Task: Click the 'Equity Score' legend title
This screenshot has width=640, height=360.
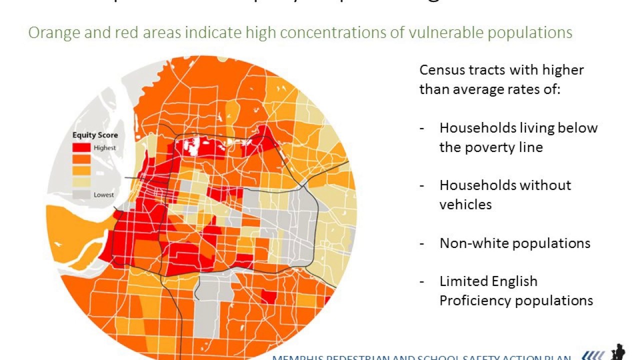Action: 95,135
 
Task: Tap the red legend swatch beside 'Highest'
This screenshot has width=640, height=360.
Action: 82,147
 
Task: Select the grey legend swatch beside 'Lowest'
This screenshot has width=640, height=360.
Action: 82,194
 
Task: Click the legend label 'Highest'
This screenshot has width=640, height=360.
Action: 104,148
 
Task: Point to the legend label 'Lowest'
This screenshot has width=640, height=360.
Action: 103,194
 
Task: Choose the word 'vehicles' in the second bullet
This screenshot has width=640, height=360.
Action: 465,204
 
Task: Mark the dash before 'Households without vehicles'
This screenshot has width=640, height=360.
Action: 422,185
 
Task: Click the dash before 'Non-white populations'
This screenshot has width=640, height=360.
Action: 422,243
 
